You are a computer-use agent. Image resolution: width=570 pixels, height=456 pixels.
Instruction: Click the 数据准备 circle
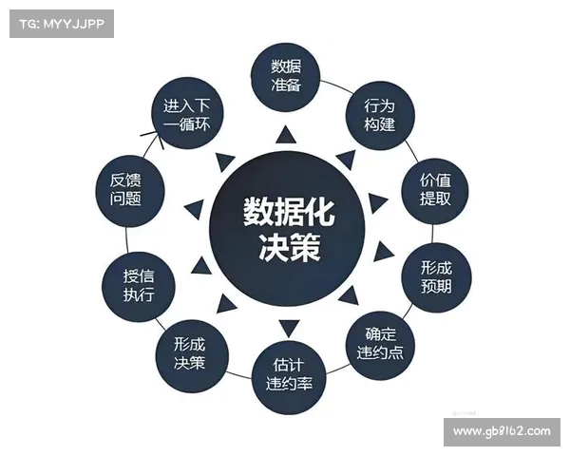click(x=286, y=77)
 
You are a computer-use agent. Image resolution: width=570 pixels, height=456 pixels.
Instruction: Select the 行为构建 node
click(x=379, y=116)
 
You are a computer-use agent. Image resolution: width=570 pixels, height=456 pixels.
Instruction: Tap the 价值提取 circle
click(x=435, y=191)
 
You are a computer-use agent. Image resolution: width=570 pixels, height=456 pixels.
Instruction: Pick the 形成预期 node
click(x=436, y=277)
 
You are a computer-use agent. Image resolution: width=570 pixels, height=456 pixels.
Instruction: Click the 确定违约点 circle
click(x=380, y=346)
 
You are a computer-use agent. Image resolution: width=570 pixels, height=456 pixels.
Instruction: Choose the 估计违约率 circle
click(x=289, y=377)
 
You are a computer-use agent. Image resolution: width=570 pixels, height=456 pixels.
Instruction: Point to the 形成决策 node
click(x=192, y=356)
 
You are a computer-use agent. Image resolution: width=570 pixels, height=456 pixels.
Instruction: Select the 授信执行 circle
click(x=139, y=287)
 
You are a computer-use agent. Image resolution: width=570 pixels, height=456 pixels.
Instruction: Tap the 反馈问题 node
click(x=130, y=191)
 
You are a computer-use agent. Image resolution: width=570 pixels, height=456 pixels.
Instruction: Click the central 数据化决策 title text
click(x=289, y=230)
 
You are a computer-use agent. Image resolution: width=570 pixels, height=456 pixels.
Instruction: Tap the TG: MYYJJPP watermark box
click(x=62, y=24)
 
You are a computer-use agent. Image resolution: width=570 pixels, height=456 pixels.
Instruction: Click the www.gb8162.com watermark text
click(x=502, y=431)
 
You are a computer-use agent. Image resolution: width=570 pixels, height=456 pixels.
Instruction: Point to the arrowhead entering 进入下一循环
click(x=157, y=137)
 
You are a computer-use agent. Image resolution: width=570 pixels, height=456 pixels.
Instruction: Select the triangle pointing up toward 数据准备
click(x=286, y=135)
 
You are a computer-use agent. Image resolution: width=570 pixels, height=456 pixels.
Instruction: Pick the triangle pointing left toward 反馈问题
click(x=194, y=209)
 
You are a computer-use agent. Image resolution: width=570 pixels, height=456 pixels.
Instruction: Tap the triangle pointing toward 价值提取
click(x=378, y=203)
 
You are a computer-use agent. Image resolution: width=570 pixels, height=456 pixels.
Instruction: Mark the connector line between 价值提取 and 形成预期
click(x=432, y=234)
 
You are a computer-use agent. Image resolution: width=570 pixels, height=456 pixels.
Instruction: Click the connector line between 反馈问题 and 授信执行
click(x=126, y=239)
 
